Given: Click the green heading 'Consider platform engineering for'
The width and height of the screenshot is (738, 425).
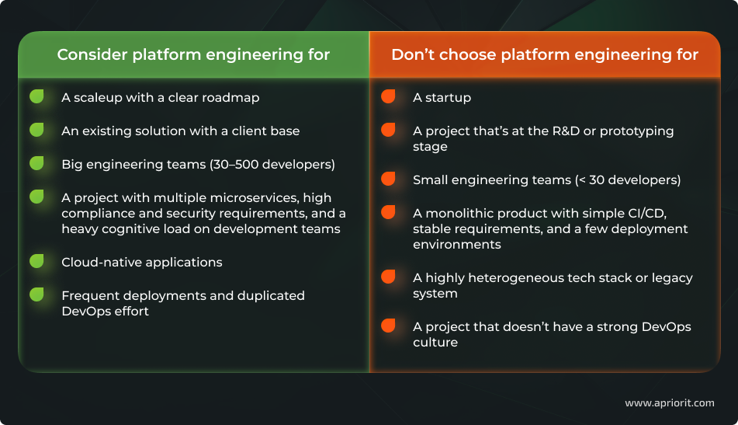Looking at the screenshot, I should click(193, 54).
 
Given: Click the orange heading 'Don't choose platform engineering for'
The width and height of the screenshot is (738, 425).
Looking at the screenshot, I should click(545, 54).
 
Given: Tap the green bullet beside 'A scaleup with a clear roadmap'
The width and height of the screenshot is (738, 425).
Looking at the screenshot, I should click(36, 97).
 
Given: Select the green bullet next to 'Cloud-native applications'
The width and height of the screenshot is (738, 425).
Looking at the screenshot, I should click(36, 262).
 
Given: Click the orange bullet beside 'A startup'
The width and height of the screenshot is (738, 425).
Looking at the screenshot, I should click(388, 97).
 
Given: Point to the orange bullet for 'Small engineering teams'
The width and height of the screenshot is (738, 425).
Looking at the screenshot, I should click(388, 179).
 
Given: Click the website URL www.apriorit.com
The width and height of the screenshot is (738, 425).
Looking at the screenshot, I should click(669, 403).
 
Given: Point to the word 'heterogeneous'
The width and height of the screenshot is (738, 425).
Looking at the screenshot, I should click(514, 278).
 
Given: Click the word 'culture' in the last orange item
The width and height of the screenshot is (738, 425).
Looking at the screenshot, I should click(435, 343).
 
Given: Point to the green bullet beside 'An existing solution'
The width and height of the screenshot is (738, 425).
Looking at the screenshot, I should click(36, 130).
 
